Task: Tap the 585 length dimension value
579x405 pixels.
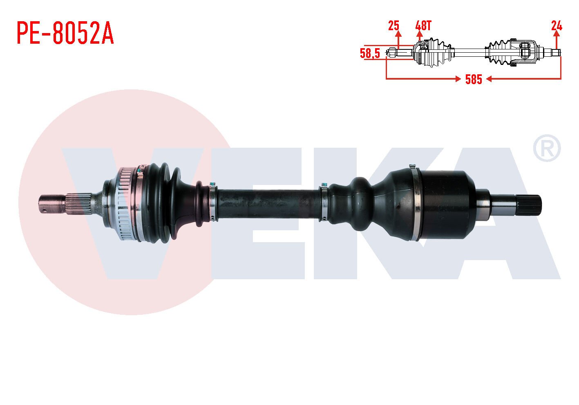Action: pyautogui.click(x=474, y=79)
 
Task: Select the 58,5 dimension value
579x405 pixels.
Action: pyautogui.click(x=370, y=53)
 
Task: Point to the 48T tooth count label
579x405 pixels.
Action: pyautogui.click(x=423, y=26)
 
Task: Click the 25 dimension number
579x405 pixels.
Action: pyautogui.click(x=393, y=26)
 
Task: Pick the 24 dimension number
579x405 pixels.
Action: pyautogui.click(x=557, y=26)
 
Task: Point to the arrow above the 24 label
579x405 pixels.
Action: pyautogui.click(x=557, y=39)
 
